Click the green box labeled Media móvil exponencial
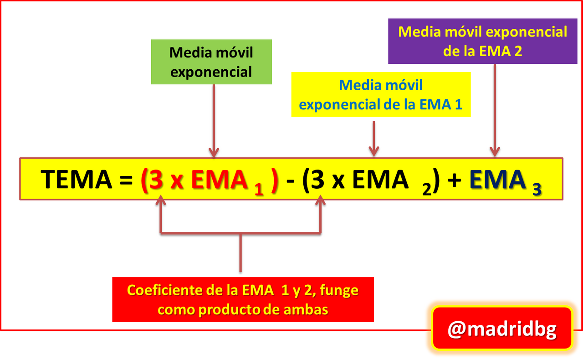211,62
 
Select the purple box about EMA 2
483,41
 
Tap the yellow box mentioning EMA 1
381,94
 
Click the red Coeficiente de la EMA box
243,299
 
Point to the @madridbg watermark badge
502,328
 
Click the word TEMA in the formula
77,179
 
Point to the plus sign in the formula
455,180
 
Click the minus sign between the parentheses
290,180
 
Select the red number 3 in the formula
156,179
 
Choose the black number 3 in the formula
317,179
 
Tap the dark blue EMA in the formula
498,179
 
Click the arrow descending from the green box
214,121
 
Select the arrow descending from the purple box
495,110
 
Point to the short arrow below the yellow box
374,139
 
